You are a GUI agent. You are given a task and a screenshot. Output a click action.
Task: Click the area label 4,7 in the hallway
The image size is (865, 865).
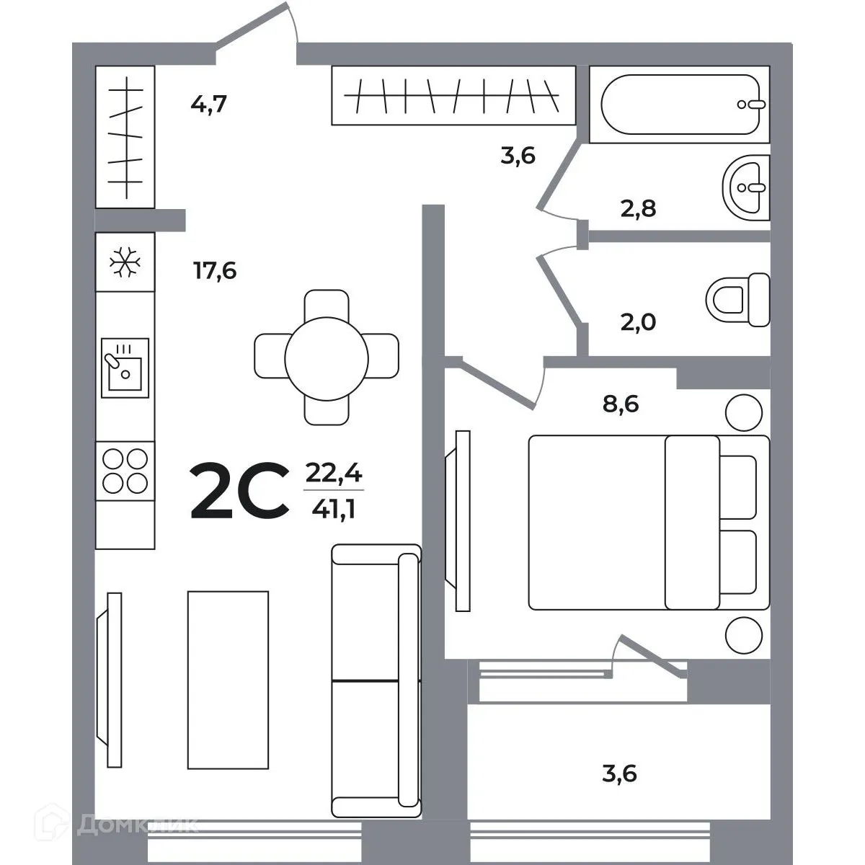(208, 105)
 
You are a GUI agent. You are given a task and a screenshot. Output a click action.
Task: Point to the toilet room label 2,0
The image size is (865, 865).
(637, 321)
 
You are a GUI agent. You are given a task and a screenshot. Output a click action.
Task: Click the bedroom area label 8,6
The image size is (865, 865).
(621, 404)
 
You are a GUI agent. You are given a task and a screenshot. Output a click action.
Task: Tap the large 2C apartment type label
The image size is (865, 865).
(239, 492)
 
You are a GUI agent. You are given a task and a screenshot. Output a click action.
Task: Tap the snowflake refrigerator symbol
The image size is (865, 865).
(125, 262)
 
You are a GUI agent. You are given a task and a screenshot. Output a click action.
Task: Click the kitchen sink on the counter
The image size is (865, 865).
(125, 367)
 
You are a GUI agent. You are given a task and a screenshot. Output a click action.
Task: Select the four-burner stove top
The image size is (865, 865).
(125, 470)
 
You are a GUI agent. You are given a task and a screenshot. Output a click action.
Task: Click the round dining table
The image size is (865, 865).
(327, 357)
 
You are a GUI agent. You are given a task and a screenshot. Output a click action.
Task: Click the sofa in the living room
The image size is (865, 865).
(376, 681)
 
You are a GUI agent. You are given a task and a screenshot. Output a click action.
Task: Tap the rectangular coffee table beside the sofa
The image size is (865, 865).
(228, 680)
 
